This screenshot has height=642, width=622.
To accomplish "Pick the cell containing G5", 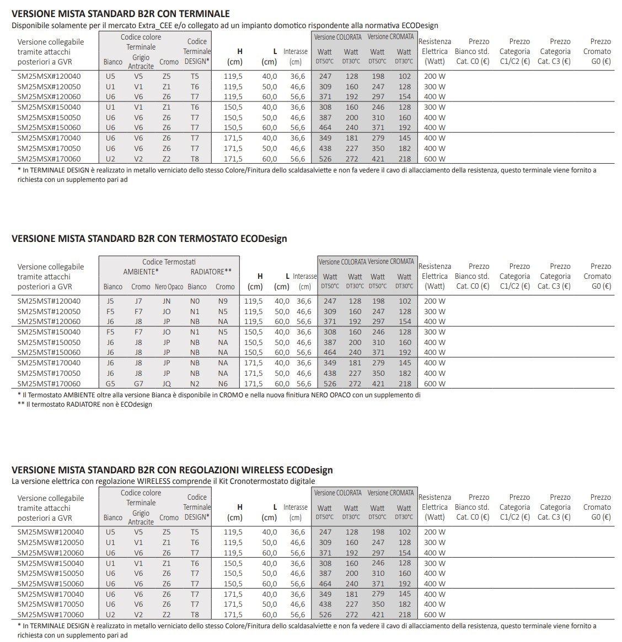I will pos(110,384).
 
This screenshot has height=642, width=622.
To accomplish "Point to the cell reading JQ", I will pos(167,384).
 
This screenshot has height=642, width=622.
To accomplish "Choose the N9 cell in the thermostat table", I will pos(223,301).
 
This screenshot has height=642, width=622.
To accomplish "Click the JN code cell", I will pos(167,301).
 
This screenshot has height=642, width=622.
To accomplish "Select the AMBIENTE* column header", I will pos(141,272).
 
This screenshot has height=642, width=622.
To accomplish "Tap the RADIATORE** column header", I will pos(211,272).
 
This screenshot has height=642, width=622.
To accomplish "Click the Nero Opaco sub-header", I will pos(169,287).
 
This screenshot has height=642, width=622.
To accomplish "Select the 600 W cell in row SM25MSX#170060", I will pos(435,159).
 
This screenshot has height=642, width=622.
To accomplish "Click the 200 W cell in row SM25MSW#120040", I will pos(435,532).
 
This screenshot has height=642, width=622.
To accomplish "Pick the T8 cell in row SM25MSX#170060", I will pos(195,159).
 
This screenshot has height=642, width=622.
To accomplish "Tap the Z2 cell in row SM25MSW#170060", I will pos(167,614).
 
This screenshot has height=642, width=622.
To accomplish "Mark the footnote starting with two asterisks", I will pos(85,404).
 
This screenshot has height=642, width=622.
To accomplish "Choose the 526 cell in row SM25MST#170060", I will pos(330,384).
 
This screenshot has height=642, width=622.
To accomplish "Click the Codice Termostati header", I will pos(169,262).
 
